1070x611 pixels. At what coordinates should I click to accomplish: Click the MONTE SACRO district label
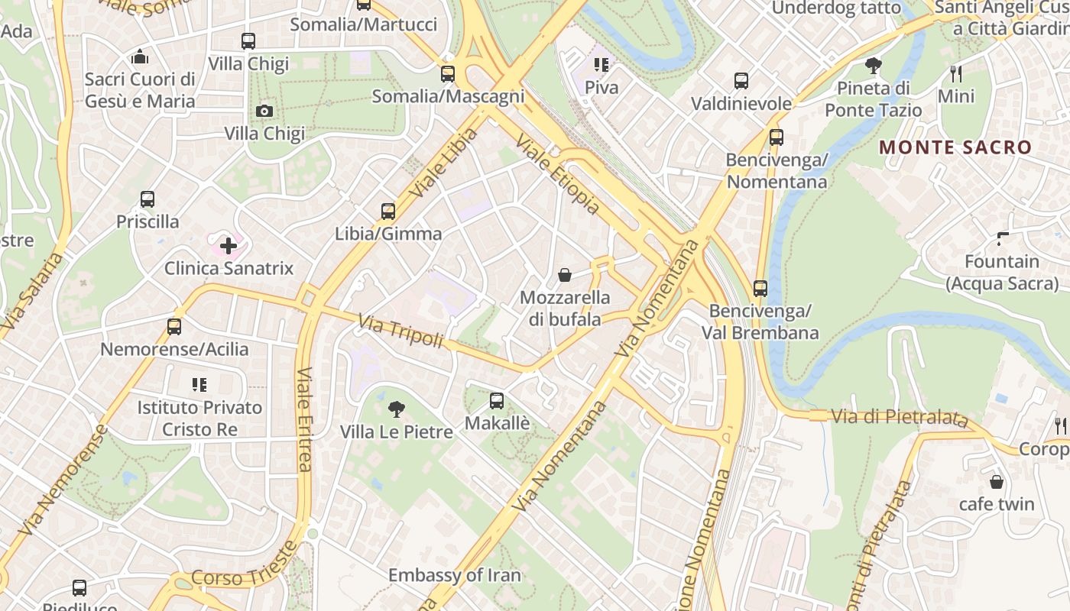point(955,147)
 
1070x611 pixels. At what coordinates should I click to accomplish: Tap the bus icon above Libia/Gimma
point(388,212)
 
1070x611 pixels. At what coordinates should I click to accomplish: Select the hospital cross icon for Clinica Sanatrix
point(229,246)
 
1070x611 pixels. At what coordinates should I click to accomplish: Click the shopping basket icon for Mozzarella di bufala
point(565,275)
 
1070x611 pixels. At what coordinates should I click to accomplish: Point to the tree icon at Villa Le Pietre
point(396,410)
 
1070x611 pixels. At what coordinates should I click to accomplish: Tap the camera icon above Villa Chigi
point(264,112)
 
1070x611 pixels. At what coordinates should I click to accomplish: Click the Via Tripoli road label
point(400,332)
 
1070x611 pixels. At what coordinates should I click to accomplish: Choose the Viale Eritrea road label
point(304,419)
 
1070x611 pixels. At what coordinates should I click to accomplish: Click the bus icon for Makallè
point(497,400)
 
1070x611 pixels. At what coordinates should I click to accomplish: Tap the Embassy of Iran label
point(454,575)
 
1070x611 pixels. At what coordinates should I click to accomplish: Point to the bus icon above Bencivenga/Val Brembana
point(760,289)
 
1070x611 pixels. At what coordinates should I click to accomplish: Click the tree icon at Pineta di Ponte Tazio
point(873,66)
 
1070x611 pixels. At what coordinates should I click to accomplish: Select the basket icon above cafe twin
point(997,482)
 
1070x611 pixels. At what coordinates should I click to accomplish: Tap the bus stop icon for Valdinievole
point(741,81)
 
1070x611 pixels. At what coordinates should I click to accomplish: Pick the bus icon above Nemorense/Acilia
point(174,327)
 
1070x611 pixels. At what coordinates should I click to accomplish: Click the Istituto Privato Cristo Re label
point(200,418)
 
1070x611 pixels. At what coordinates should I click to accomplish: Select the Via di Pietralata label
point(900,417)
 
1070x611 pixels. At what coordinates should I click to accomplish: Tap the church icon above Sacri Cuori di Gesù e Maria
point(139,57)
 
